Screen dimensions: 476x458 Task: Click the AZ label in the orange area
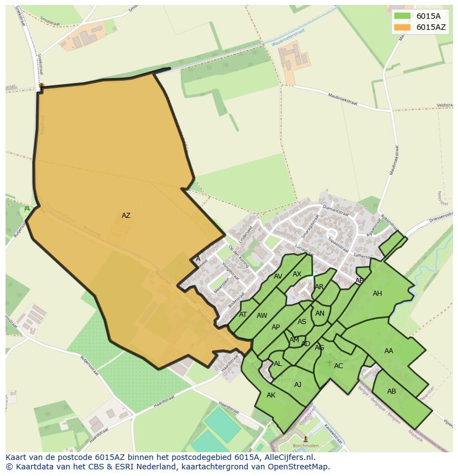point(126,216)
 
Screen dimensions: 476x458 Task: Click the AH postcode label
point(377,294)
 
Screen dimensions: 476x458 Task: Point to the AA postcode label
point(389,351)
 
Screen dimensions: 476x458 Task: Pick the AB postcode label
point(392,391)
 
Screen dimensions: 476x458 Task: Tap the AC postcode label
point(339,366)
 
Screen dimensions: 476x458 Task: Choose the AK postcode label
point(271,395)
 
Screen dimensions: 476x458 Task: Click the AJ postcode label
point(298,385)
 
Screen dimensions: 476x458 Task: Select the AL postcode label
point(278,364)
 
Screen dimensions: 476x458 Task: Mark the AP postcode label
point(275,327)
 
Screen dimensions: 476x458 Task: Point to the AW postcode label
point(262,316)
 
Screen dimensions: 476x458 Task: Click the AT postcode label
point(243,315)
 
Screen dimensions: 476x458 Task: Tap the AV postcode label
point(278,276)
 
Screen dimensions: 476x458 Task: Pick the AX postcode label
point(297,274)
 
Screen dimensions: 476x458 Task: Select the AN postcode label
point(320,313)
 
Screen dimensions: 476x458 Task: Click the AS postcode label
point(302,322)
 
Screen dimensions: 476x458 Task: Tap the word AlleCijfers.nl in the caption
point(288,457)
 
